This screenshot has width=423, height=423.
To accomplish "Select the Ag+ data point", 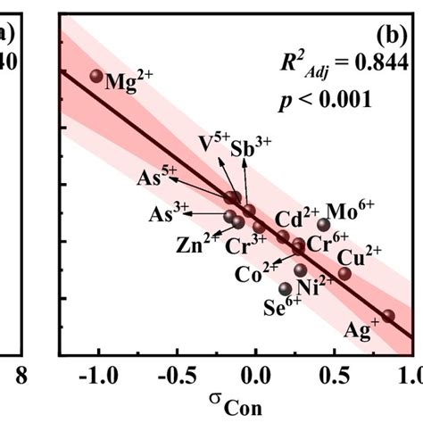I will pyautogui.click(x=387, y=316).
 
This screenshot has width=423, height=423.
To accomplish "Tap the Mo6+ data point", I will pyautogui.click(x=324, y=225).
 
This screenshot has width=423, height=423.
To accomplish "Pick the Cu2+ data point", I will pyautogui.click(x=344, y=273).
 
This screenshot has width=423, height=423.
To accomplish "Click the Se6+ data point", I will pyautogui.click(x=285, y=288).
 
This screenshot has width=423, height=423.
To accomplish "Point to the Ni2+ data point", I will pyautogui.click(x=301, y=270).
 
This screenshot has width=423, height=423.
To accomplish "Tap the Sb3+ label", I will pyautogui.click(x=251, y=147).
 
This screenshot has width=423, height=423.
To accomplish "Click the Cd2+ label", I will pyautogui.click(x=296, y=218).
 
